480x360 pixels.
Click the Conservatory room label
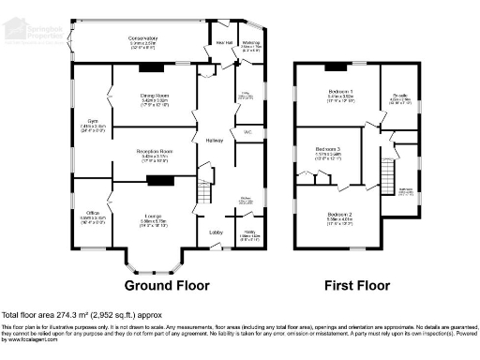[x=143, y=38]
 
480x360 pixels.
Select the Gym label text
[x=91, y=121]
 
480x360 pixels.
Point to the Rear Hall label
[x=224, y=42]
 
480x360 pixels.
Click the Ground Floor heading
[x=165, y=284]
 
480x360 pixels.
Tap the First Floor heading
[x=357, y=284]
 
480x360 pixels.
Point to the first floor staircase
[x=385, y=173]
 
